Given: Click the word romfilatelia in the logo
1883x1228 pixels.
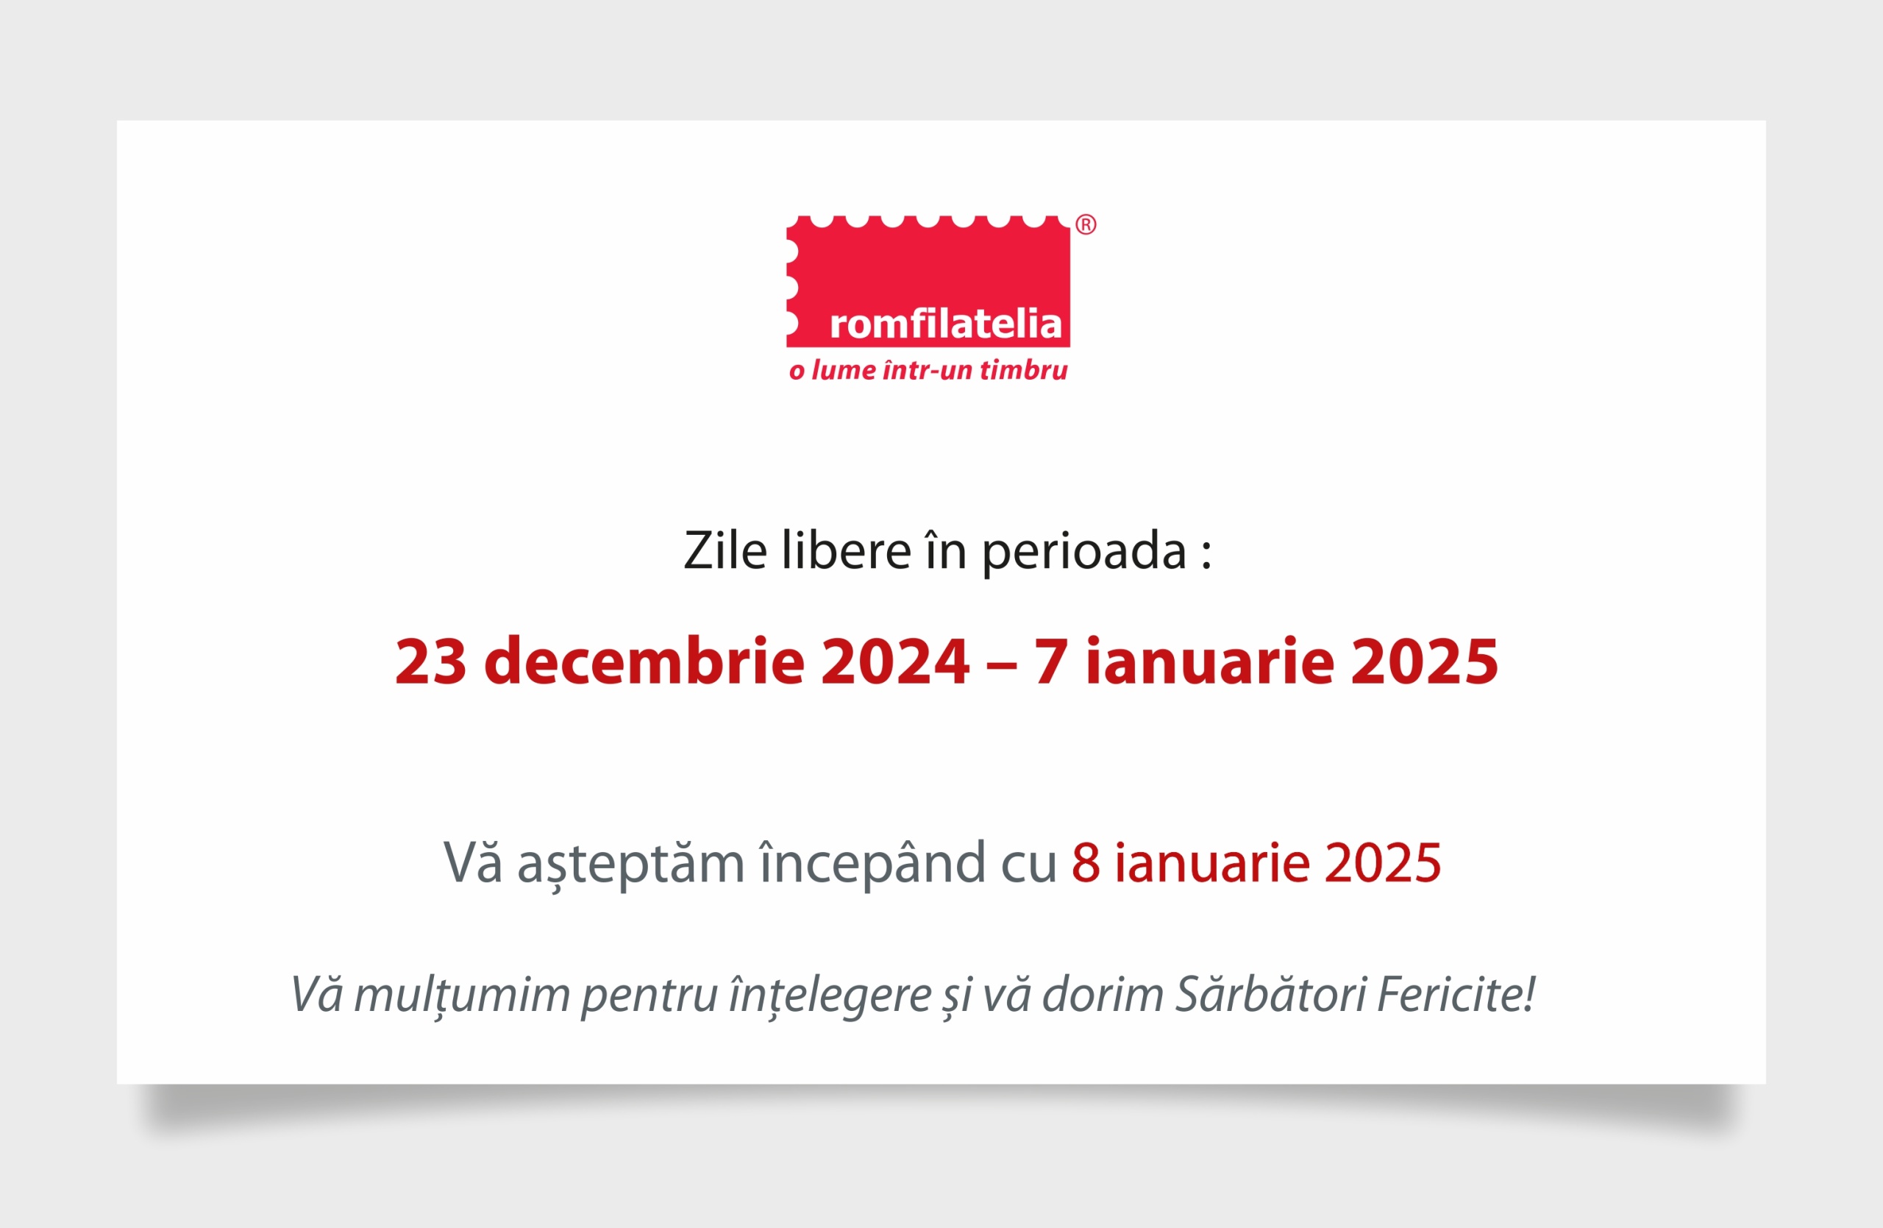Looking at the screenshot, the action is [x=945, y=324].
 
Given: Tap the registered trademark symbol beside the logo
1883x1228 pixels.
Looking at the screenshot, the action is [x=1086, y=224].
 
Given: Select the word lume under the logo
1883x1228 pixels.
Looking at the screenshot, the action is [x=844, y=370].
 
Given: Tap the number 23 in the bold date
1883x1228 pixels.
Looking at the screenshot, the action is [x=430, y=661].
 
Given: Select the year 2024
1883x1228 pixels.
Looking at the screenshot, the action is [x=895, y=661].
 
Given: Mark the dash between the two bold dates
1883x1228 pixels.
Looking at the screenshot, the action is [x=1001, y=664].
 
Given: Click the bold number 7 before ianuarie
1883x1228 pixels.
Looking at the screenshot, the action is [x=1050, y=661].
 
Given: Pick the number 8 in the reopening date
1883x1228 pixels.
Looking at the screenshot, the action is [x=1086, y=862].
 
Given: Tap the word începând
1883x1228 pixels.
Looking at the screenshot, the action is [x=872, y=864].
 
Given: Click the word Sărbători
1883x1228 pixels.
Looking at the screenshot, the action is [x=1270, y=994].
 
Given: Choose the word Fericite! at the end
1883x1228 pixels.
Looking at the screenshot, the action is [x=1456, y=994].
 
